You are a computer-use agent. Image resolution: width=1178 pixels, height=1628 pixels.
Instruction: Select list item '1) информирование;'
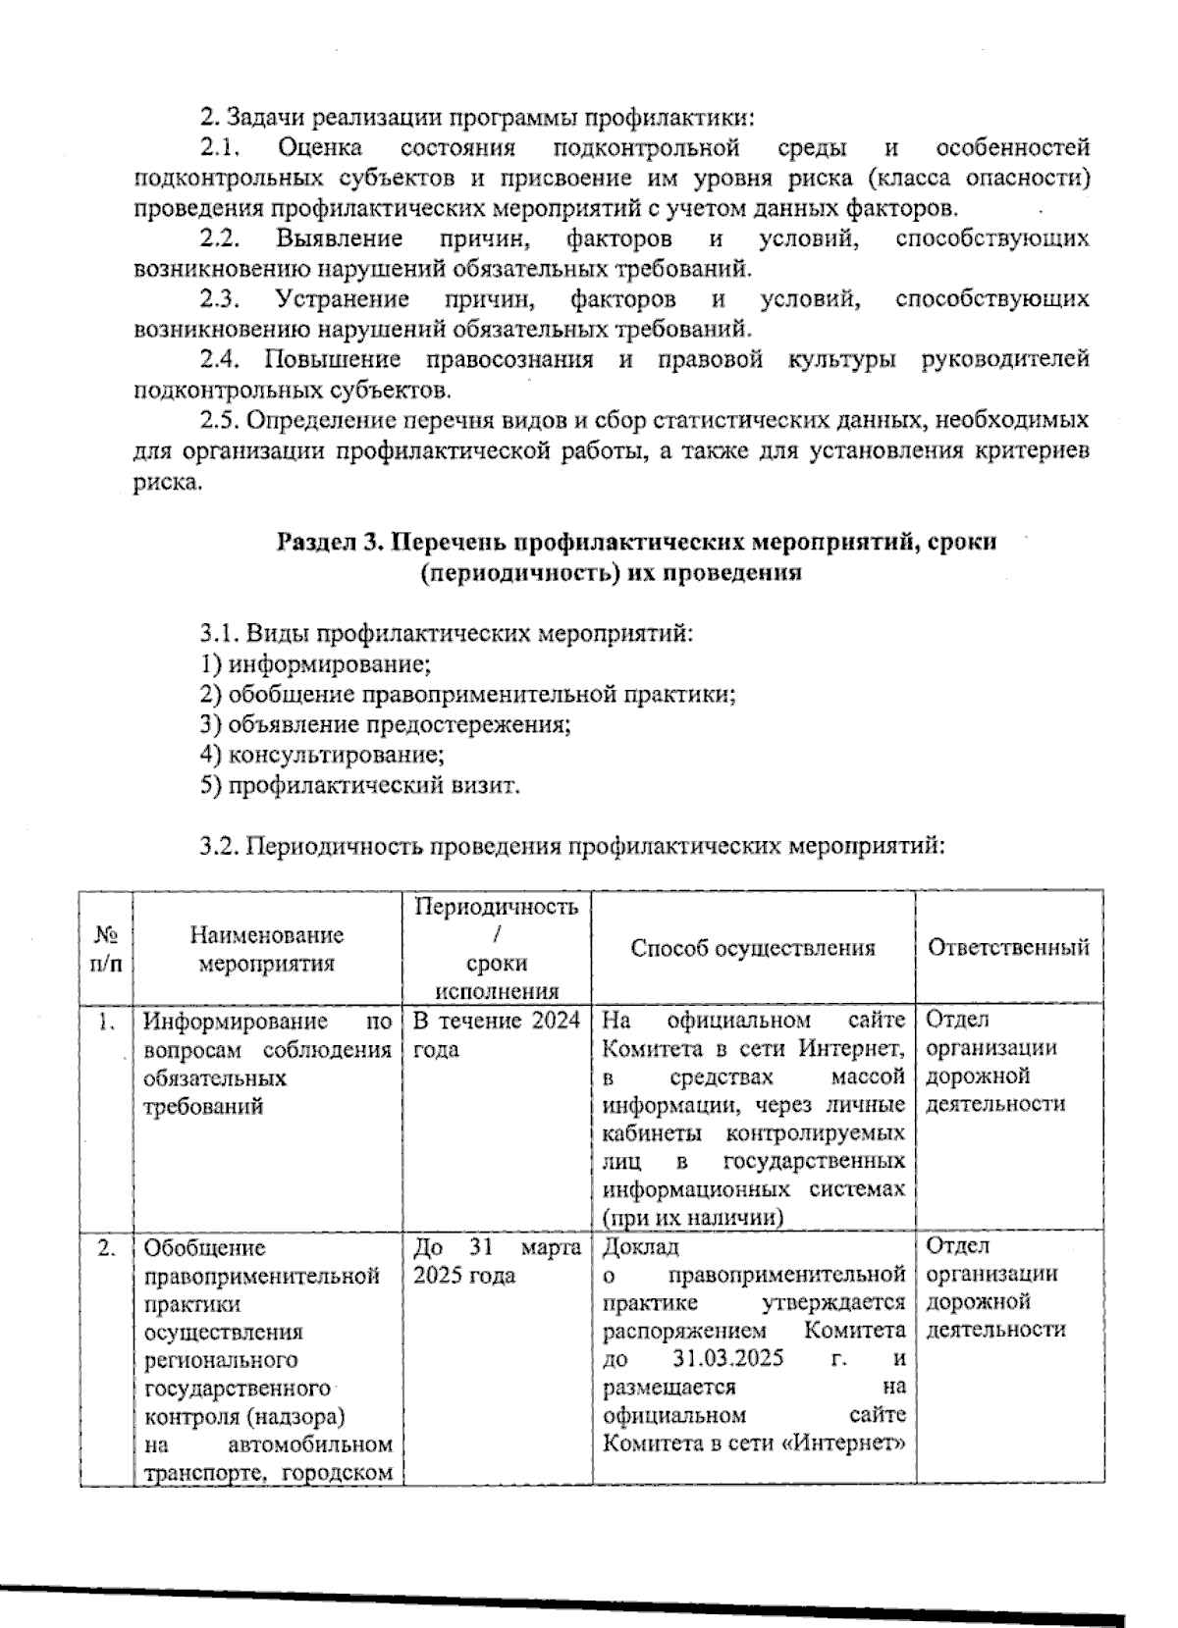pos(315,664)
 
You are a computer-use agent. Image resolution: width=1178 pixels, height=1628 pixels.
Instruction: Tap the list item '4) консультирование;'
pos(322,756)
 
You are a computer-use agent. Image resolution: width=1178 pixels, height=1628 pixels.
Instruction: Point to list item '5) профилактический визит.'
pos(359,786)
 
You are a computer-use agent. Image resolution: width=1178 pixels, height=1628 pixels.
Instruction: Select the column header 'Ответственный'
pos(1008,948)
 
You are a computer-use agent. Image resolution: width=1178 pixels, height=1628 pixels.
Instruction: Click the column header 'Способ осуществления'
pos(752,948)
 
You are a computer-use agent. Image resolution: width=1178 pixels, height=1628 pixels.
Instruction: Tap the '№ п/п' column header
pos(106,949)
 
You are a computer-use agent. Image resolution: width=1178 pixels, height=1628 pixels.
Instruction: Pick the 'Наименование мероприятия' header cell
pos(267,949)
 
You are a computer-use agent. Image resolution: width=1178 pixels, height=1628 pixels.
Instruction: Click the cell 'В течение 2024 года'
pos(496,1034)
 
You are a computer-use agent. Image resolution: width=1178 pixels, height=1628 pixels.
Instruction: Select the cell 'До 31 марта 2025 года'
pos(496,1262)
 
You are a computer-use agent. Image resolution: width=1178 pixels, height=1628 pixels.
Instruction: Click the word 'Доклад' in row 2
pos(639,1247)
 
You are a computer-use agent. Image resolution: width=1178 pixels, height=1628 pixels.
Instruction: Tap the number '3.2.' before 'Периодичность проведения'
pos(220,847)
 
